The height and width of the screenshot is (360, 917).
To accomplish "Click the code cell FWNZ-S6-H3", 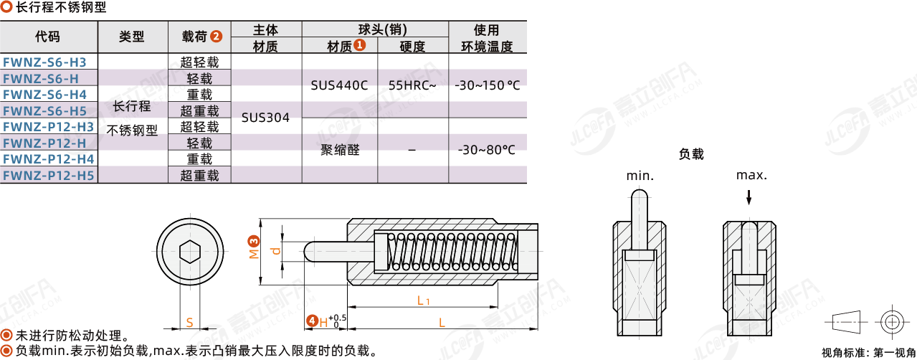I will (44, 62).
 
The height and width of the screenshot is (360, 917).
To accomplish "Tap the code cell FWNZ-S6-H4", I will (44, 95).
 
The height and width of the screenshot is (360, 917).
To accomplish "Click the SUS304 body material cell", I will (265, 118).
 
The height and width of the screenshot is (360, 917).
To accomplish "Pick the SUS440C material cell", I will (339, 85).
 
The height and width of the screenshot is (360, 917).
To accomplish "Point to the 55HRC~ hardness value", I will (412, 85).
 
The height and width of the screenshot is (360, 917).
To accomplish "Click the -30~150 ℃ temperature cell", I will (487, 85).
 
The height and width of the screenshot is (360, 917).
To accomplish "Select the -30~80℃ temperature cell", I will (487, 150).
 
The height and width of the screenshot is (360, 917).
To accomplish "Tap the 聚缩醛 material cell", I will (339, 150).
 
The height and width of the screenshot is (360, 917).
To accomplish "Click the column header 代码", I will (48, 37).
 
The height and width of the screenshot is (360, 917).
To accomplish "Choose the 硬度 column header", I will (412, 47).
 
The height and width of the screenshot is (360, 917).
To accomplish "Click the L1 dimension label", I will (423, 300).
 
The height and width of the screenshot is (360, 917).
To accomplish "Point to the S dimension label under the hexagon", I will (189, 323).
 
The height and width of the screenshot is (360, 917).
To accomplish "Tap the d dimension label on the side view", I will (275, 250).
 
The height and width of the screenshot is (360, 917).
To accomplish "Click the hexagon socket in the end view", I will (189, 252).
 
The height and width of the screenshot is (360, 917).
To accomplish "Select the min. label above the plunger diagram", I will (640, 176).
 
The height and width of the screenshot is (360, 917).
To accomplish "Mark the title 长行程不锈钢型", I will (60, 9).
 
